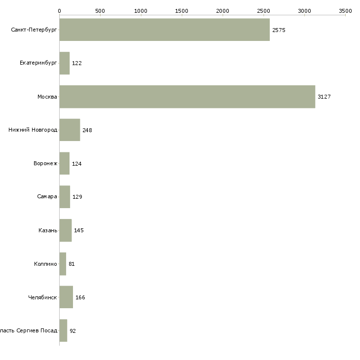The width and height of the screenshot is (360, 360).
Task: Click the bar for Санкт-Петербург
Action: (164, 30)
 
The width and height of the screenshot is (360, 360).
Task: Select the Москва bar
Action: (187, 97)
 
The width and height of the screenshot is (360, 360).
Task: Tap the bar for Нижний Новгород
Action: (70, 130)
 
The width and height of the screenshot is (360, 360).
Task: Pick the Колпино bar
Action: (63, 264)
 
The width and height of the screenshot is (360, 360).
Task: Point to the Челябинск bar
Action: (66, 297)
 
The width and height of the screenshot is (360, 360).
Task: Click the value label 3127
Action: (324, 97)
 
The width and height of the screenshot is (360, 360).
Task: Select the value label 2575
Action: (279, 30)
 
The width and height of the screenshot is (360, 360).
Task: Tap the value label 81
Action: (72, 264)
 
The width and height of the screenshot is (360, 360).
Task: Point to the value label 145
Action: (78, 230)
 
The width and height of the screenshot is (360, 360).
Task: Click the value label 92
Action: (72, 331)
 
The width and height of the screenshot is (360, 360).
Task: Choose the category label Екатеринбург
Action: (38, 63)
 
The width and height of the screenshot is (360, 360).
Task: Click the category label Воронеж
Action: (45, 163)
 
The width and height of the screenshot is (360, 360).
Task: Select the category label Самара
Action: (47, 197)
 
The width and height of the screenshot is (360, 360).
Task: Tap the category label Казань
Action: (48, 230)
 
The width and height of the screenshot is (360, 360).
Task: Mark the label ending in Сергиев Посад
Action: (29, 330)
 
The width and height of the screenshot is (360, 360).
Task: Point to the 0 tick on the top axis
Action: (59, 10)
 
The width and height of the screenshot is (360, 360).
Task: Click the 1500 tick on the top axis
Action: (182, 10)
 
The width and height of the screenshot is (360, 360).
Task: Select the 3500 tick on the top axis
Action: (345, 10)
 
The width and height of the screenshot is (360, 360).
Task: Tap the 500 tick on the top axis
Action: (100, 10)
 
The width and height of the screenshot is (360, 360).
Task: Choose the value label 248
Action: (87, 130)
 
